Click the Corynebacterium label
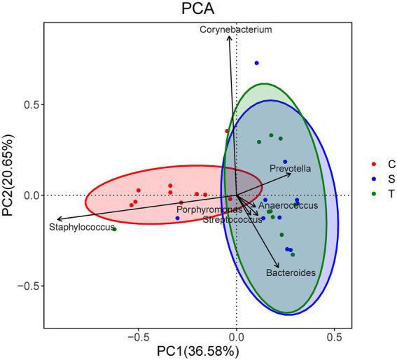tap(235, 30)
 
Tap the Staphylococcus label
tap(81, 227)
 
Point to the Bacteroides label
tap(290, 272)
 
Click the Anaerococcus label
tap(288, 206)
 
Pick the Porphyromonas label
tap(209, 209)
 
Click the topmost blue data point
tap(256, 64)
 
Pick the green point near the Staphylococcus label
tap(114, 229)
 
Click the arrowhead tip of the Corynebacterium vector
tap(229, 36)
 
